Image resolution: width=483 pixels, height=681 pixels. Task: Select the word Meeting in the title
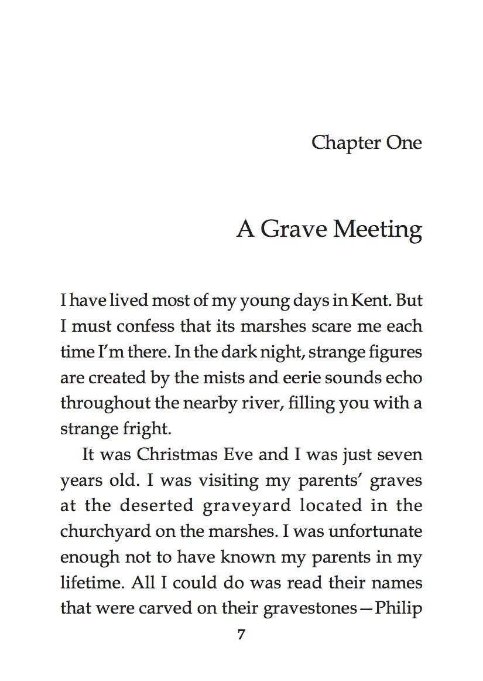(x=377, y=229)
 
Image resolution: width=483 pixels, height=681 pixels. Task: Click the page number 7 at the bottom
(x=241, y=635)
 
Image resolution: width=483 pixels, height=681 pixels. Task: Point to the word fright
(x=146, y=428)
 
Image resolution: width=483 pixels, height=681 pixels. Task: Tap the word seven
(x=399, y=454)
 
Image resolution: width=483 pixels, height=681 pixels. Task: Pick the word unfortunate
(x=375, y=531)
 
